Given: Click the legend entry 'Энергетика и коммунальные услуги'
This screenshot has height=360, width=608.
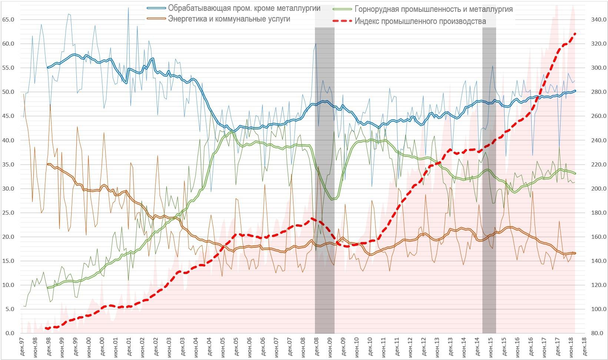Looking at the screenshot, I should click(x=229, y=19).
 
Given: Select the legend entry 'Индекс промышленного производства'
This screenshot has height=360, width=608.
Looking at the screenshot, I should click(x=420, y=21).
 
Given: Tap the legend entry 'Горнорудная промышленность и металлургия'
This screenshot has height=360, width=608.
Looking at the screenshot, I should click(x=433, y=9).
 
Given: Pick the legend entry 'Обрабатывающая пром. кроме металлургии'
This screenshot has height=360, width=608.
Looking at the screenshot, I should click(x=244, y=8).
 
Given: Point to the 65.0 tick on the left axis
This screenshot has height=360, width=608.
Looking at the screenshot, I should click(x=8, y=20).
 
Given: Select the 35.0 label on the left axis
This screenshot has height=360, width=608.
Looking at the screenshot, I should click(x=8, y=165).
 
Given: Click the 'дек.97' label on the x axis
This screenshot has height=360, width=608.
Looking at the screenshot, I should click(x=22, y=347).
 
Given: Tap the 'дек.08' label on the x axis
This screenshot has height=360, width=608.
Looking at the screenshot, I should click(x=316, y=347).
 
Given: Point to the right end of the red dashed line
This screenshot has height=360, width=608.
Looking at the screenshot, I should click(x=575, y=34).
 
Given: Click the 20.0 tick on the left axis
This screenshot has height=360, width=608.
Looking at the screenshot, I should click(x=8, y=237).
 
